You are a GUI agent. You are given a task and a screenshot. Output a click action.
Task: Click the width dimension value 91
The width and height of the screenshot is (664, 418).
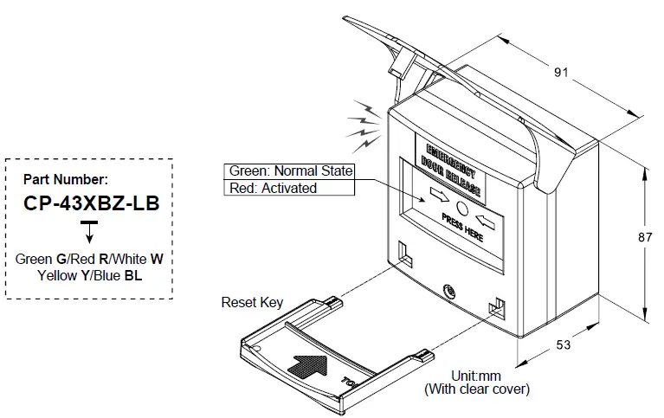(561, 73)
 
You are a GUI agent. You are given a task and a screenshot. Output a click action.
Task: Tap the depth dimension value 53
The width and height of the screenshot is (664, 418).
(564, 345)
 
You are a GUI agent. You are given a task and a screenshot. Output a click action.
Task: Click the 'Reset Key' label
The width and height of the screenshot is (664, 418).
(252, 302)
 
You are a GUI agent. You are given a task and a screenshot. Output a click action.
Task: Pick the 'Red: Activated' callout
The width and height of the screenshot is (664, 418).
(272, 188)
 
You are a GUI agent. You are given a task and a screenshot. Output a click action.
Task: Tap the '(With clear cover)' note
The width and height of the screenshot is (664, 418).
(476, 389)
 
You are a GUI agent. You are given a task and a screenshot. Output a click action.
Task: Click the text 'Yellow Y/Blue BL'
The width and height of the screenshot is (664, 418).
(90, 276)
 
